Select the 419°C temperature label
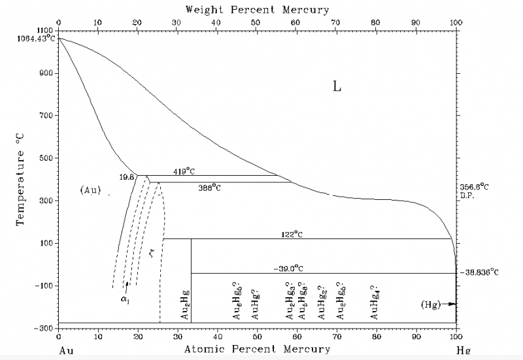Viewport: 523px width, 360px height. (185, 171)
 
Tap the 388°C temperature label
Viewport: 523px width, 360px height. (210, 188)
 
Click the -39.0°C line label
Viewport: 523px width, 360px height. (289, 268)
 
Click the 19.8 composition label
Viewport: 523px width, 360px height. (127, 177)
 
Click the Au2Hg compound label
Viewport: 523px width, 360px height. (185, 306)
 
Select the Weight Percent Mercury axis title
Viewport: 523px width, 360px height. (257, 10)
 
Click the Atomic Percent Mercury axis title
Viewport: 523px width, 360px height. (257, 349)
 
